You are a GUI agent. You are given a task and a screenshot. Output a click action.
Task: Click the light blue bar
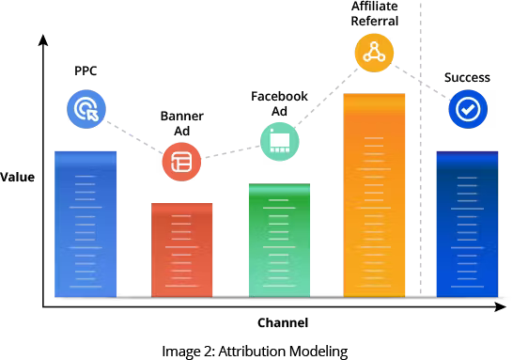(x=85, y=226)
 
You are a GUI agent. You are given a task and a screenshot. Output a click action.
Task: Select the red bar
(x=182, y=250)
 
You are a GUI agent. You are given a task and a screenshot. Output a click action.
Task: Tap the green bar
(x=279, y=241)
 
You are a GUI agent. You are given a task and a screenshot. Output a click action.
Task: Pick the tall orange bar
(x=374, y=196)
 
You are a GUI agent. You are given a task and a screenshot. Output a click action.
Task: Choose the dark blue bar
(x=467, y=226)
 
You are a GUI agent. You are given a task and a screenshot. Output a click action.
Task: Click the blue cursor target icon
(x=86, y=109)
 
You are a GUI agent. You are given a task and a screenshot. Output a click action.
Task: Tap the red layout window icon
(x=181, y=162)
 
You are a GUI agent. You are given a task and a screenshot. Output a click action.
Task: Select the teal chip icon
(x=279, y=142)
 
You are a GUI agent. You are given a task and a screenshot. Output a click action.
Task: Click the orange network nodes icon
(x=374, y=53)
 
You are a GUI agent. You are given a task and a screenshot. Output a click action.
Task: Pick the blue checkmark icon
(x=467, y=110)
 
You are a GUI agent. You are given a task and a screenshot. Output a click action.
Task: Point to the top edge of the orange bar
(x=374, y=94)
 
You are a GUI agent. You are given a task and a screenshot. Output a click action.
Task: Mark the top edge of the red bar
(x=182, y=203)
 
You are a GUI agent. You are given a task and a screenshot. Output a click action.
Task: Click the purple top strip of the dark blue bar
(x=467, y=152)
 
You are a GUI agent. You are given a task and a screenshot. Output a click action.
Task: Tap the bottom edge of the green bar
(x=279, y=295)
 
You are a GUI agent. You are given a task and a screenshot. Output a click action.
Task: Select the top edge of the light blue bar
(x=85, y=151)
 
